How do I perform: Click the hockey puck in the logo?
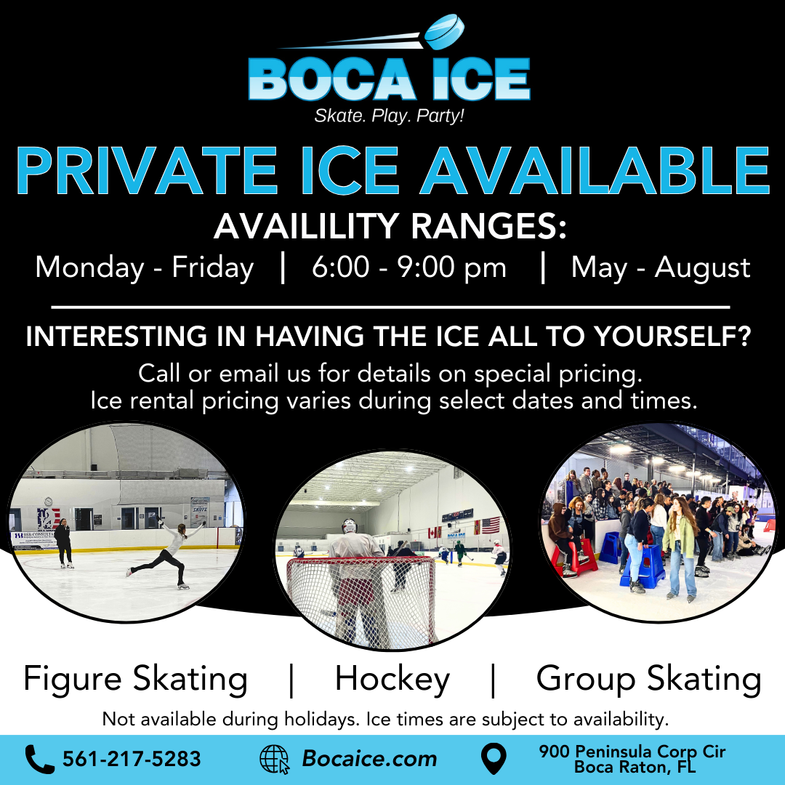(x=445, y=31)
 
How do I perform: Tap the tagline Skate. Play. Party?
(x=389, y=116)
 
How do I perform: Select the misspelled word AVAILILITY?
(x=306, y=226)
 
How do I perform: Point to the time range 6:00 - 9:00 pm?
(x=409, y=267)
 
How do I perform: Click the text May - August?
(x=661, y=267)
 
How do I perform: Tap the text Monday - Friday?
(x=144, y=267)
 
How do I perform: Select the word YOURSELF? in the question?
(x=673, y=336)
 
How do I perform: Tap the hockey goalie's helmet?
(x=350, y=526)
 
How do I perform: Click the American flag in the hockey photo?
(x=490, y=526)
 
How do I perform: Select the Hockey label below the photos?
(x=392, y=680)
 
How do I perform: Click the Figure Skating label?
(x=136, y=680)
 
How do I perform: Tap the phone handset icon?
(x=39, y=759)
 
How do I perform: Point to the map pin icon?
(x=494, y=758)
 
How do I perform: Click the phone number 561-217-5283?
(x=132, y=759)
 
